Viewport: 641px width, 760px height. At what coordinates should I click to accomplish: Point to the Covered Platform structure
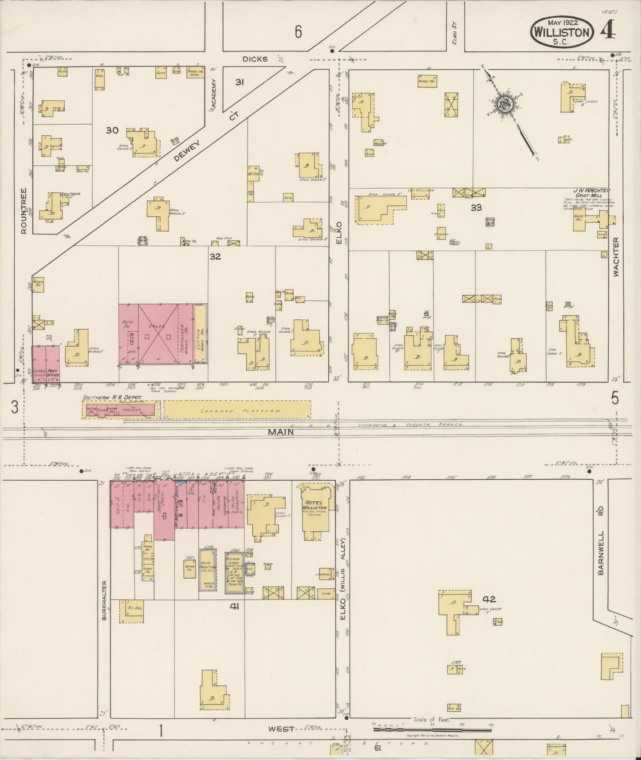[237, 410]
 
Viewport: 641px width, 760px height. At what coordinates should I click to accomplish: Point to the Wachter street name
[616, 257]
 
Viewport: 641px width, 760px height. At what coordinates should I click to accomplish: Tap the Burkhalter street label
[104, 600]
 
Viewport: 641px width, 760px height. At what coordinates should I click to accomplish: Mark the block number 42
[489, 599]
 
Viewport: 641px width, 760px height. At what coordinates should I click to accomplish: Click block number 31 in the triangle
[240, 82]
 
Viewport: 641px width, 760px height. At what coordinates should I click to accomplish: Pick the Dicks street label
[255, 59]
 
